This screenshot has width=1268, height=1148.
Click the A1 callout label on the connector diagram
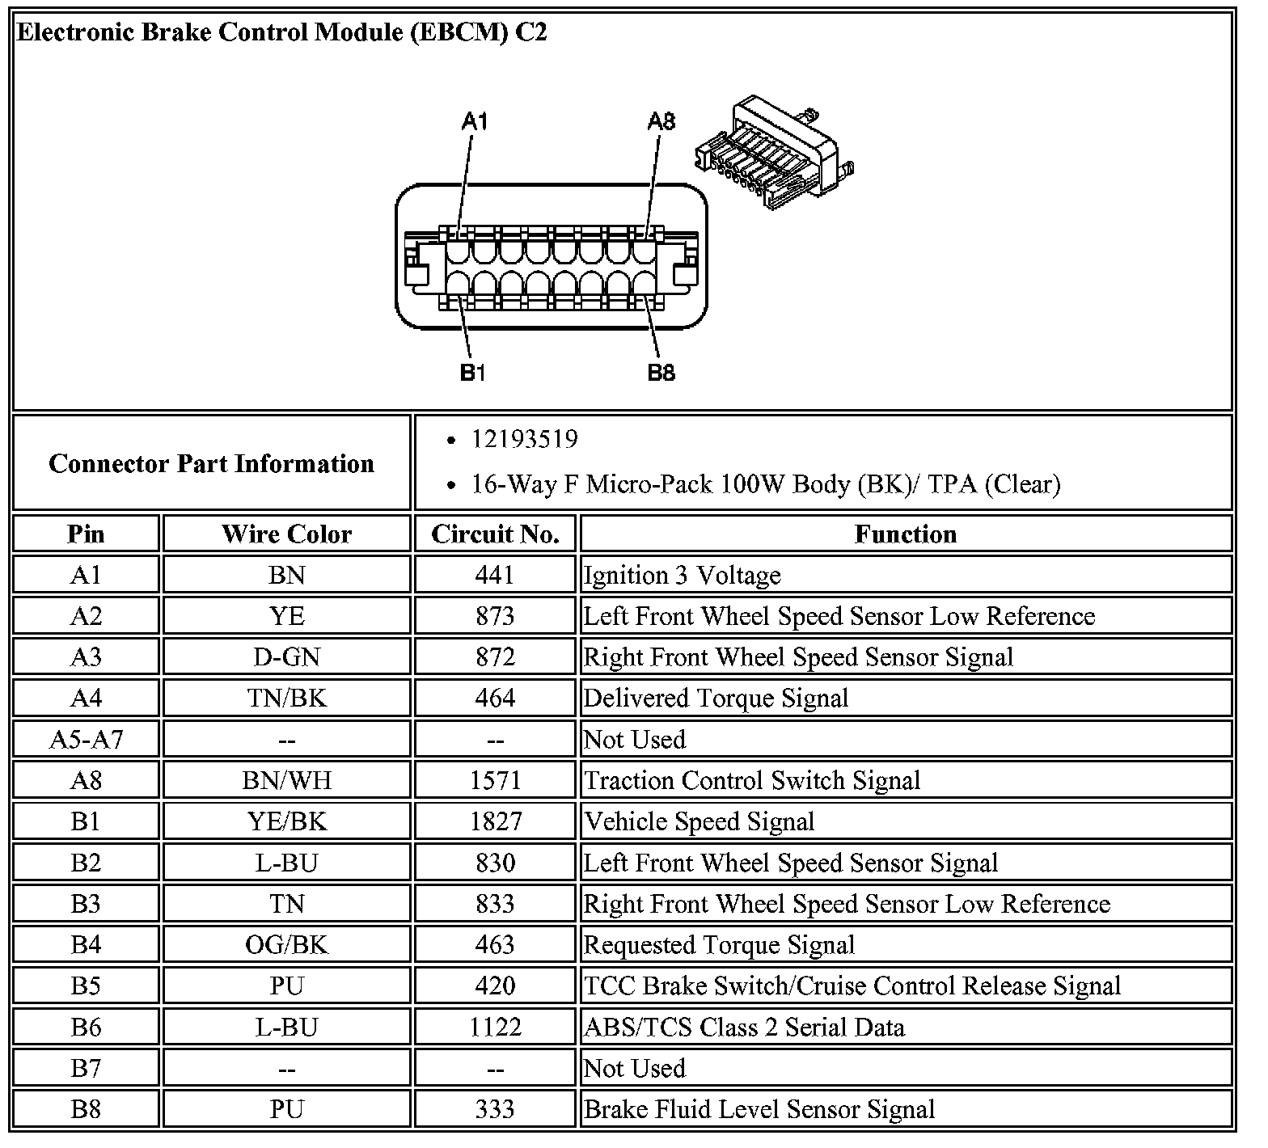(x=475, y=121)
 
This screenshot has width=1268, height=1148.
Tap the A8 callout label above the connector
(x=661, y=121)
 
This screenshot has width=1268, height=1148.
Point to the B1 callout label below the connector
(x=472, y=373)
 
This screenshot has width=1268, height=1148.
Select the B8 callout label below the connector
(x=661, y=373)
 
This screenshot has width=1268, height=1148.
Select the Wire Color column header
(x=286, y=534)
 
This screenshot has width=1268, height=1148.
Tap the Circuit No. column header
(x=495, y=534)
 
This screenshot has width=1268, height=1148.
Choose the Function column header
(x=906, y=534)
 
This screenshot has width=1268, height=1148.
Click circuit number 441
(x=495, y=575)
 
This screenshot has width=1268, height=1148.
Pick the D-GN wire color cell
(x=286, y=656)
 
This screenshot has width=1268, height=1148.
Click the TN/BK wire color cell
(x=286, y=698)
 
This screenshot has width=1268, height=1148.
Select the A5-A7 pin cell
(x=86, y=739)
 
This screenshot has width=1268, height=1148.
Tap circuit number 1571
(x=495, y=780)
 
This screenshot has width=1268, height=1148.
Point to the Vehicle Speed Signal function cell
(x=699, y=821)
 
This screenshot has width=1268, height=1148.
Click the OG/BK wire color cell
(x=286, y=944)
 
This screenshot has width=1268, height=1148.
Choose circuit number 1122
(x=495, y=1027)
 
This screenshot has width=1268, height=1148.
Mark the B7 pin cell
(x=86, y=1068)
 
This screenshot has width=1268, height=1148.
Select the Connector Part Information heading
(x=211, y=463)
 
